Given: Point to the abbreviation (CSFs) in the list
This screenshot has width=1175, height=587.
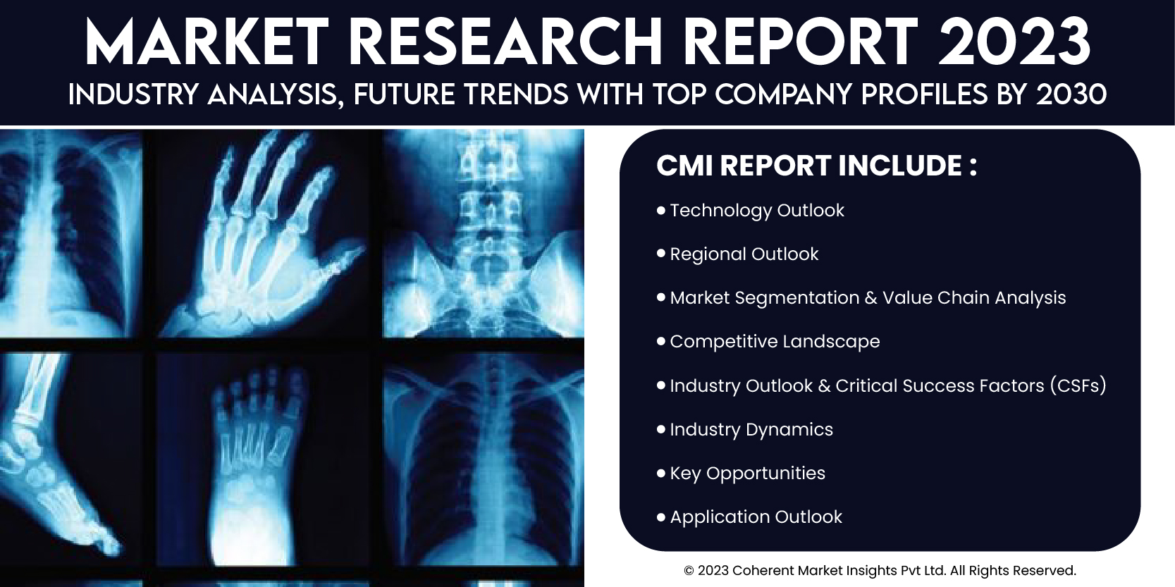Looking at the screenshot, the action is (1078, 385).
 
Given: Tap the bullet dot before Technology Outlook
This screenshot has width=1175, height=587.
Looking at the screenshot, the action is (661, 211).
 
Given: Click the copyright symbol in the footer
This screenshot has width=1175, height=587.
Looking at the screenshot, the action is (689, 570).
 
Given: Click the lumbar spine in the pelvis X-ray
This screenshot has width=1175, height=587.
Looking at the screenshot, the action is (483, 210).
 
